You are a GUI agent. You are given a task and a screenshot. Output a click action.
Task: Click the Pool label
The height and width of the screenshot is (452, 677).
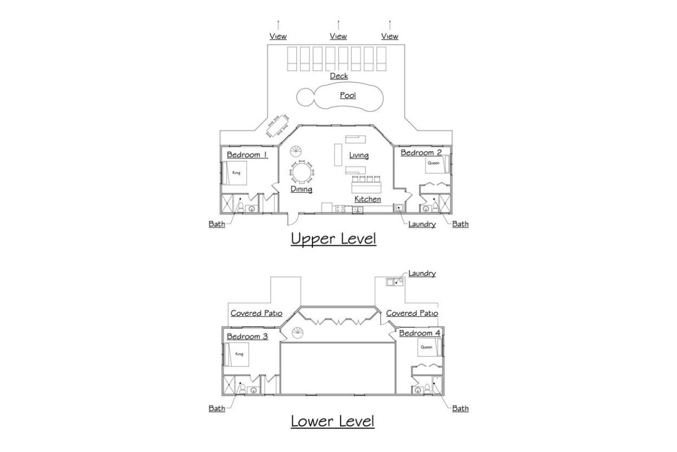point(348,95)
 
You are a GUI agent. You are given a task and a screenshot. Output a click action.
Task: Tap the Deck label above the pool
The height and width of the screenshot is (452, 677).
point(339,76)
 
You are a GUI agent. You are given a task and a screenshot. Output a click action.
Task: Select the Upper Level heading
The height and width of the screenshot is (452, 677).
point(333,239)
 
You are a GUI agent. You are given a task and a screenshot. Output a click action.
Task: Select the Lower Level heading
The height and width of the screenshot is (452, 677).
point(332,421)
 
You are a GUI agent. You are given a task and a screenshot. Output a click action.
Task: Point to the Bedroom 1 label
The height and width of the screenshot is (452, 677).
point(247,155)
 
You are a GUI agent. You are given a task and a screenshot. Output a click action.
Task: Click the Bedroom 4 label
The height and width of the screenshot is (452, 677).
point(420,333)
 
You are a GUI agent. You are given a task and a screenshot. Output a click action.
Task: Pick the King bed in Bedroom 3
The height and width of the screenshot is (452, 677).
point(236,354)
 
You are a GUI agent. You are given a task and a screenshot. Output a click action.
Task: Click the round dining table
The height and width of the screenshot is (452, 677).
point(302,172)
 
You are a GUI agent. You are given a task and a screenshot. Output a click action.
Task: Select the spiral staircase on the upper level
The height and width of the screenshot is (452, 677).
point(296,151)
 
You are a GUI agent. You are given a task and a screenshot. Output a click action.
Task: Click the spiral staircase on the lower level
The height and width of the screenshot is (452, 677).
point(297,333)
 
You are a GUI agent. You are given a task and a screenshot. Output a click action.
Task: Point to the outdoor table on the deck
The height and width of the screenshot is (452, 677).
point(278,125)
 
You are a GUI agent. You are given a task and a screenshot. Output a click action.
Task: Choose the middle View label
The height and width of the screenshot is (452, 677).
point(338,36)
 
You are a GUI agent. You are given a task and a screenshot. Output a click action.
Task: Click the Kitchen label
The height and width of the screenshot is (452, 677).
point(367,199)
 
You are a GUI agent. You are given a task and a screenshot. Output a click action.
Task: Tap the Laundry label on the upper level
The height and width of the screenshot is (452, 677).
point(422,224)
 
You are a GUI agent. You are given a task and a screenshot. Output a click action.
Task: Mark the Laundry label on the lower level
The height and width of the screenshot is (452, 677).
point(422,273)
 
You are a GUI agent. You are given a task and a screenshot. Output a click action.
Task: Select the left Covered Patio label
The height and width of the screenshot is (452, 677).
point(256,313)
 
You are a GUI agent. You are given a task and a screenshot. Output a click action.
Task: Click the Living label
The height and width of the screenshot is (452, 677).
point(359,155)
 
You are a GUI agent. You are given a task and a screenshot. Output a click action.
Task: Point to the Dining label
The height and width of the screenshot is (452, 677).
point(301,189)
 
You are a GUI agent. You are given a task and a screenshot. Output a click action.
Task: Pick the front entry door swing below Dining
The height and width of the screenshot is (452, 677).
point(293,219)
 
